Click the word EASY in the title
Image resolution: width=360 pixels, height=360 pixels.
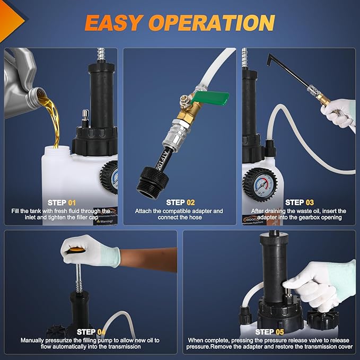click(x=114, y=22)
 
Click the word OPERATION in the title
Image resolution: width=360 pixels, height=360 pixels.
click(x=212, y=22)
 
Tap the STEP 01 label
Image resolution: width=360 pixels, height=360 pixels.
click(x=62, y=203)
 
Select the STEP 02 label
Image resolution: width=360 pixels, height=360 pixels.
click(x=180, y=203)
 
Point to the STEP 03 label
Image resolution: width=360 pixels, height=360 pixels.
click(x=300, y=203)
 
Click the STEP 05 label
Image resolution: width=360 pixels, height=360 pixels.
click(x=269, y=332)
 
